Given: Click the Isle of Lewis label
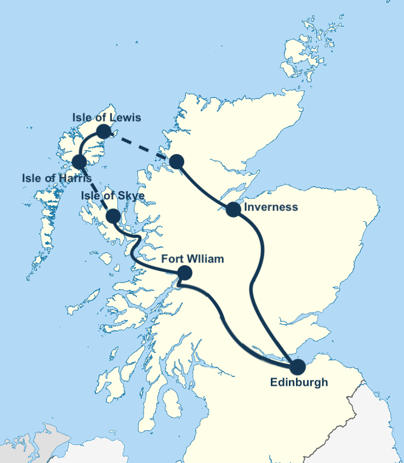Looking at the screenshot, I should click(x=106, y=118).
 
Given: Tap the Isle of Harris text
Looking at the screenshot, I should click(x=56, y=178).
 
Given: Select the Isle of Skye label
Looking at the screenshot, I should click(x=112, y=196).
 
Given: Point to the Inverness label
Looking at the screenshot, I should click(x=271, y=207).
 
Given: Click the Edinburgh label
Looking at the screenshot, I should click(x=299, y=382).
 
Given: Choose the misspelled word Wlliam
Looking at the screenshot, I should click(x=206, y=259).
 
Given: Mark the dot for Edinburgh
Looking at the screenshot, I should click(x=297, y=367).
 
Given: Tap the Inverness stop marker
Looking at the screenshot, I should click(x=233, y=209).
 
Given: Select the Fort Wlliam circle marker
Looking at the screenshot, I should click(x=185, y=272).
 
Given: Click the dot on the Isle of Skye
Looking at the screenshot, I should click(x=113, y=216).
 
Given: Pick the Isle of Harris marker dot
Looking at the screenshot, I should click(x=79, y=162).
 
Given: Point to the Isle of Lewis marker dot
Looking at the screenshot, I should click(x=103, y=131).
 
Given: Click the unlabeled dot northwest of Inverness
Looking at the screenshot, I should click(x=176, y=162).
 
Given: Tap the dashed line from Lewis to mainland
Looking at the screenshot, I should click(x=140, y=146).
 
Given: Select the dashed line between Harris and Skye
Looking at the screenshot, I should click(x=96, y=189).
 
